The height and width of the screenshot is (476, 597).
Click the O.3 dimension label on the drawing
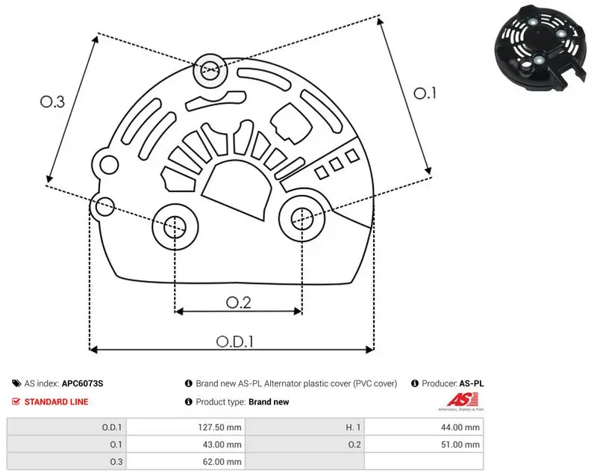(x=52, y=102)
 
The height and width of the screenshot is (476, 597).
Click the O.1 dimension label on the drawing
(x=425, y=93)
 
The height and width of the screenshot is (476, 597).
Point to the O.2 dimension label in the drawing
(x=239, y=303)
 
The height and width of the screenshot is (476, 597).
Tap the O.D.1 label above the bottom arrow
(x=235, y=341)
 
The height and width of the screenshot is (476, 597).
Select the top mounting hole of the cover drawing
(x=210, y=70)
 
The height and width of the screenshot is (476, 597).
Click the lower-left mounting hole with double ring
(x=175, y=227)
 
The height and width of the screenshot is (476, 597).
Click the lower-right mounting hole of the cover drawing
(x=302, y=219)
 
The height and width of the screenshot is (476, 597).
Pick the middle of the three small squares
(x=337, y=164)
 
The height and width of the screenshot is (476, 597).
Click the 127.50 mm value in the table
(x=219, y=427)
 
